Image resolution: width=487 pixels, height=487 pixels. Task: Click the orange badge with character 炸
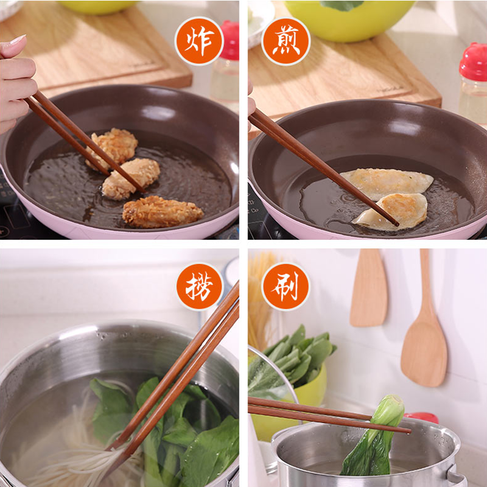[x=199, y=41]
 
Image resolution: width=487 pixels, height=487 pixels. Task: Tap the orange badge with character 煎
[x=286, y=41]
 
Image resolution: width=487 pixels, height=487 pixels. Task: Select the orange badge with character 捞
[x=200, y=286]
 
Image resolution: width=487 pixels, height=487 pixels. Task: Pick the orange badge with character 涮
[x=286, y=286]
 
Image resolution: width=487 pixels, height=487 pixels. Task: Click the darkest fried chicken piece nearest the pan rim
[x=163, y=211]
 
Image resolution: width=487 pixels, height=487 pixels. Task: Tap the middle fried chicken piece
[x=130, y=178]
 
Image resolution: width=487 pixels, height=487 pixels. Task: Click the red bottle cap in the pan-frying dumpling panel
[x=473, y=61]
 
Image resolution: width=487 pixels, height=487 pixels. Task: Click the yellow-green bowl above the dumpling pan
[x=349, y=19]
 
